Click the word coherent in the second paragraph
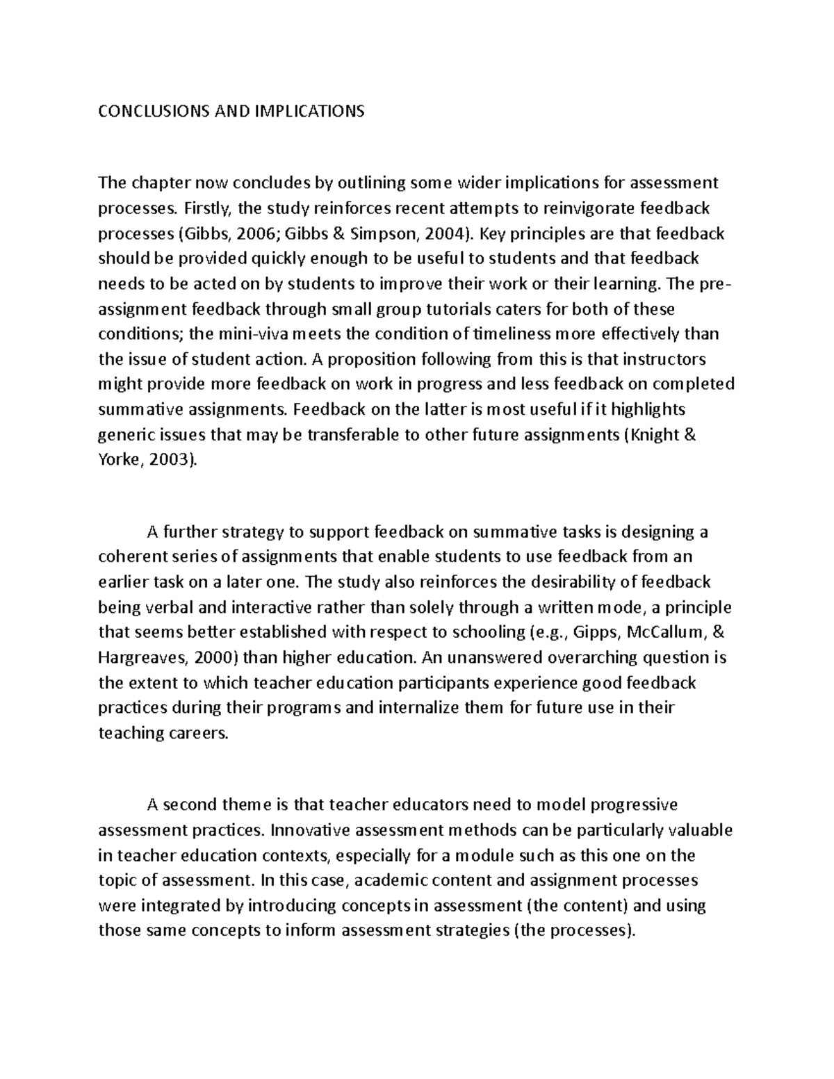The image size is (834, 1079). [x=136, y=557]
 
